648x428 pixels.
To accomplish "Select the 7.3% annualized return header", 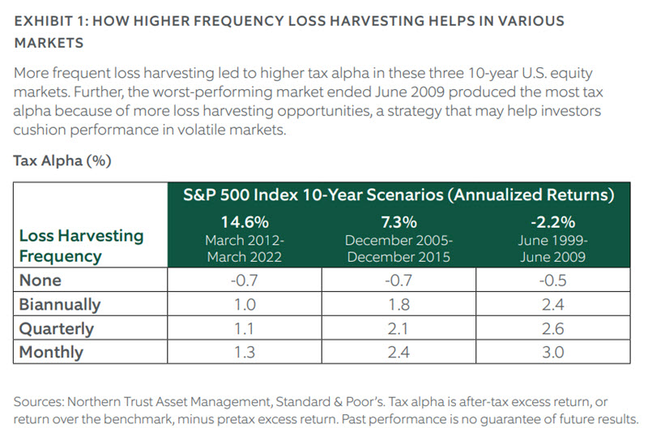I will pos(399,221).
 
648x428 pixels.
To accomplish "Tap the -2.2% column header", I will pos(554,221).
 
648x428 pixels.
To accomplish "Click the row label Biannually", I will pos(60,305).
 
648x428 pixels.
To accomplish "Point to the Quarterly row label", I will pos(56,329).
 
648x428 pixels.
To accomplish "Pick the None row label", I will pos(40,280).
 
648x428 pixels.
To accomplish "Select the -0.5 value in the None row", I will pos(554,280).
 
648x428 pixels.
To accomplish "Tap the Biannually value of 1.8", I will pos(399,305).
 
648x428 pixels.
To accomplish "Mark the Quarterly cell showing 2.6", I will pos(554,329).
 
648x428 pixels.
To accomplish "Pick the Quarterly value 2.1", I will pos(399,329).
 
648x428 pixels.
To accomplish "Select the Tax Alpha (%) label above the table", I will pos(62,160).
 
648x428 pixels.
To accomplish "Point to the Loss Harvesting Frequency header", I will pos(80,246).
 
